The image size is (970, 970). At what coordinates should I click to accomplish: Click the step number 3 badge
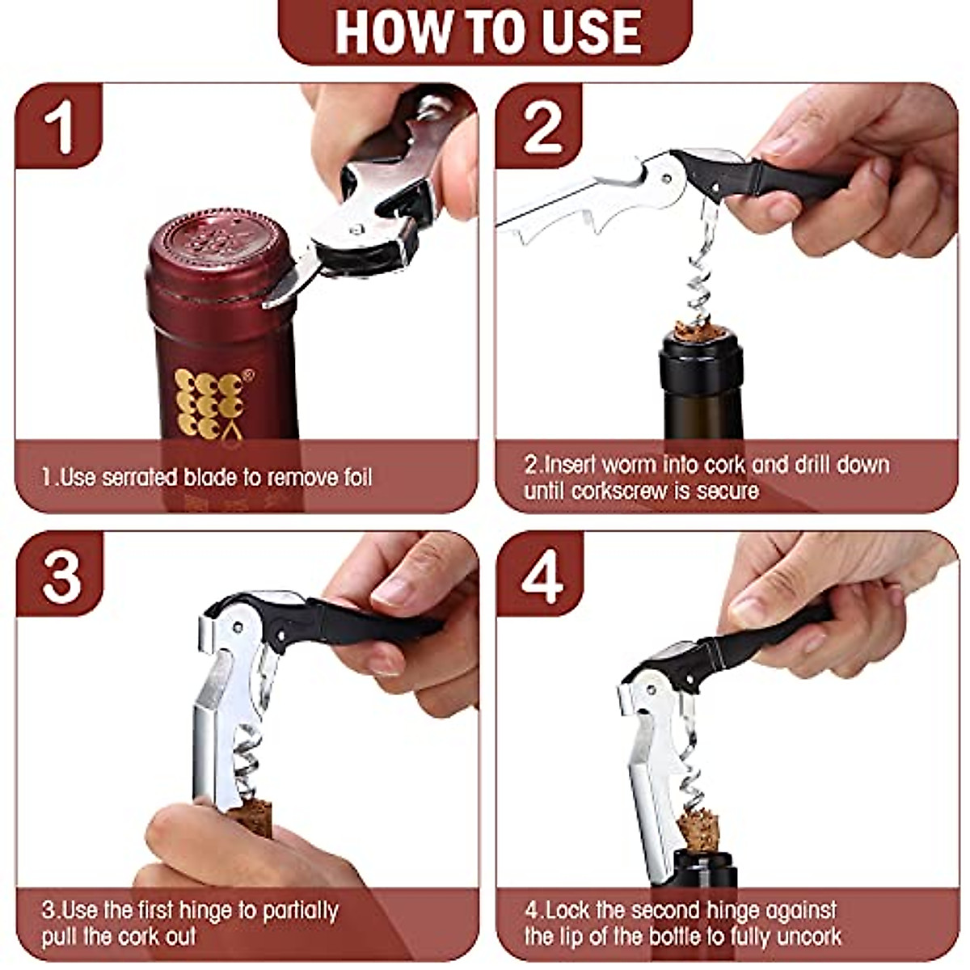(x=61, y=575)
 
